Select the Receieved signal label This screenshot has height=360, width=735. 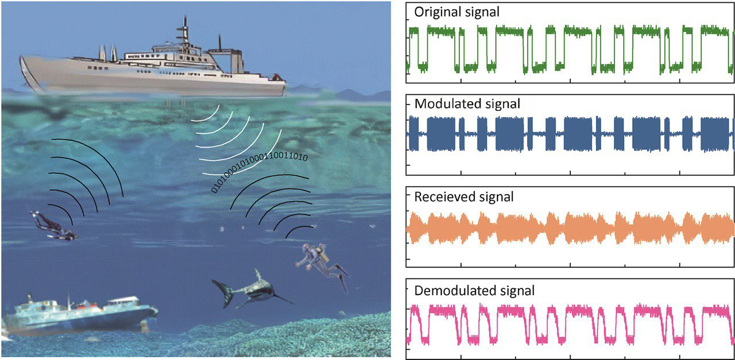[455, 197]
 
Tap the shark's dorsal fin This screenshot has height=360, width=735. [258, 274]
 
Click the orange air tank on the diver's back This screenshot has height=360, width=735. [324, 257]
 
